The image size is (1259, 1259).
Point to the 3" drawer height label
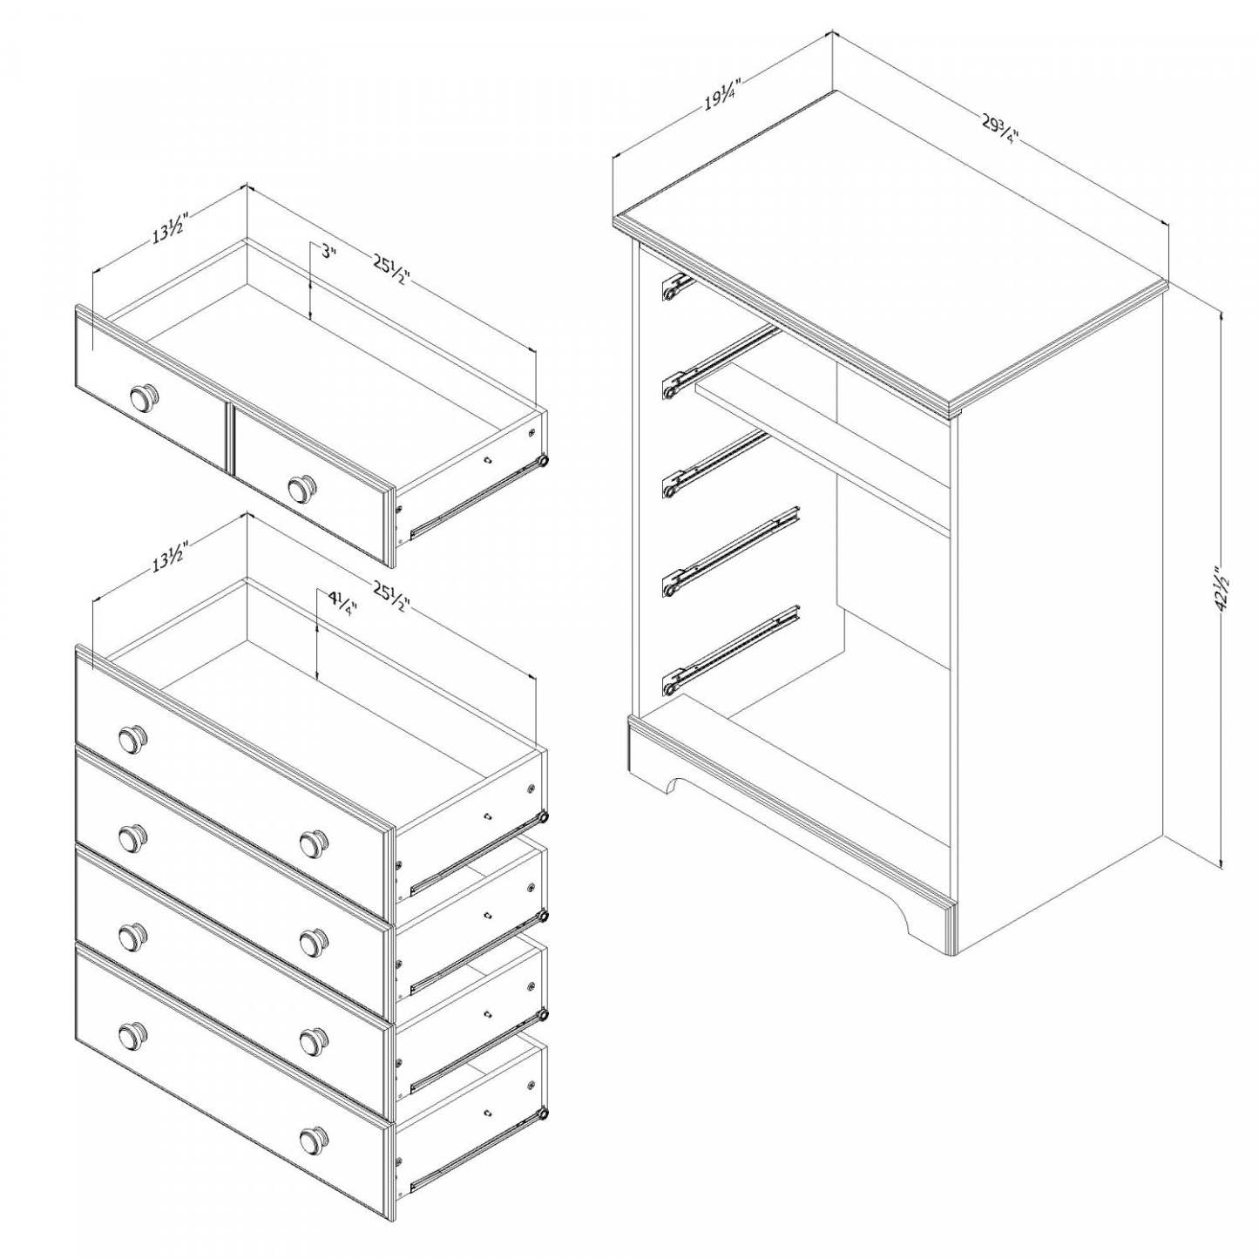pyautogui.click(x=327, y=253)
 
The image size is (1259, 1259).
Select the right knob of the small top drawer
pyautogui.click(x=302, y=488)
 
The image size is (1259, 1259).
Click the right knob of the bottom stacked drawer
pyautogui.click(x=314, y=1139)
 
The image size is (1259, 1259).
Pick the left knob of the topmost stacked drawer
pyautogui.click(x=132, y=739)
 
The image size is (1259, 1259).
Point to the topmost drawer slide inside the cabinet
pyautogui.click(x=676, y=288)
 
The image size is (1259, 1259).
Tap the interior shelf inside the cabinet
pyautogui.click(x=819, y=444)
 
